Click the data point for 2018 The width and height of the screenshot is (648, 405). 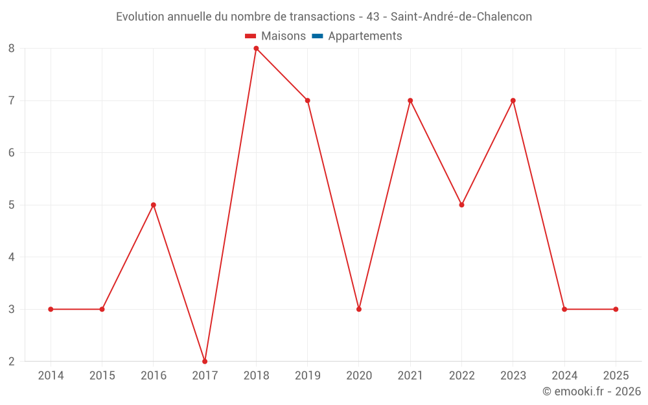[x=256, y=49]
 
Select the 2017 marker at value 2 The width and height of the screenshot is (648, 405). [x=205, y=361]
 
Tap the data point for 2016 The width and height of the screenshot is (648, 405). [x=154, y=205]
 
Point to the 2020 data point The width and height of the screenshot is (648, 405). [x=359, y=309]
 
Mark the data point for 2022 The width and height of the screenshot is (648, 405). [x=461, y=205]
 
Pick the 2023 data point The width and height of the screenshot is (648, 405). [x=513, y=100]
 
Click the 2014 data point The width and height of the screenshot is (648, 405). [x=51, y=309]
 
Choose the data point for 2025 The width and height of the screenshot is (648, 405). [x=616, y=309]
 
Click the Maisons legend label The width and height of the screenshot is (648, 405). [x=283, y=36]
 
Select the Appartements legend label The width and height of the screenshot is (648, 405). [x=365, y=36]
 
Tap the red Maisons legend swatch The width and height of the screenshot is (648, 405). [x=251, y=36]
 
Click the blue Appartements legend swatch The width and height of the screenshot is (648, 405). [x=318, y=36]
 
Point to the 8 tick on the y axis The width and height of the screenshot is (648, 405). [x=12, y=49]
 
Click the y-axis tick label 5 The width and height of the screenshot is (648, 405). [x=12, y=205]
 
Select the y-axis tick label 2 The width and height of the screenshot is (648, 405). [x=12, y=361]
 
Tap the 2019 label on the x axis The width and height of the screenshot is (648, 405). [x=307, y=376]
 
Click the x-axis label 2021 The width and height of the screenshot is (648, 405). [x=410, y=376]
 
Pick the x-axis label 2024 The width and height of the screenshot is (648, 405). [x=564, y=376]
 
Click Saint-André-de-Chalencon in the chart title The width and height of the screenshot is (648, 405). [x=461, y=17]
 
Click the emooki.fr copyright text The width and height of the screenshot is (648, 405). [x=591, y=391]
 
